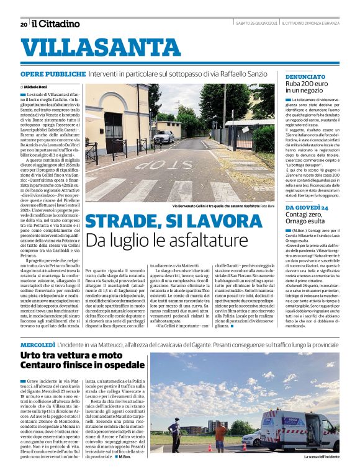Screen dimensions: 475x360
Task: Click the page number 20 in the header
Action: pyautogui.click(x=24, y=24)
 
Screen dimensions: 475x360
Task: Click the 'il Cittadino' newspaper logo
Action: pyautogui.click(x=56, y=24)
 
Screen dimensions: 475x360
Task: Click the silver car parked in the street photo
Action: pyautogui.click(x=164, y=136)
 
